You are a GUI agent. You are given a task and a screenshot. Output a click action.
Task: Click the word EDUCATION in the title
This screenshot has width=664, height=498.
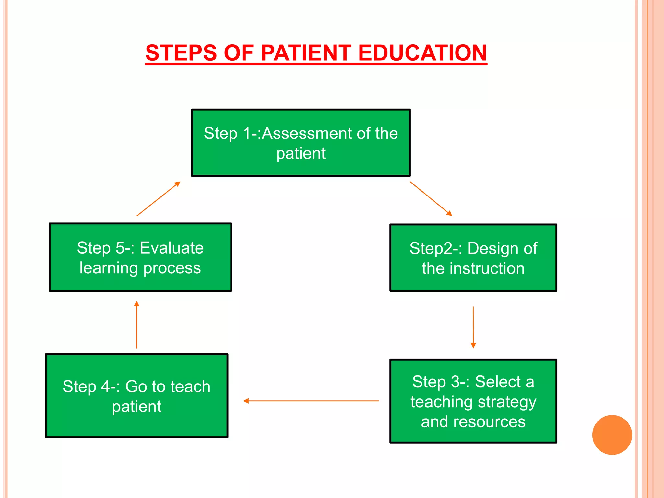[x=422, y=53]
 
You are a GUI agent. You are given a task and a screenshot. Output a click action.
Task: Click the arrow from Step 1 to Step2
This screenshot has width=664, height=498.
[x=431, y=198]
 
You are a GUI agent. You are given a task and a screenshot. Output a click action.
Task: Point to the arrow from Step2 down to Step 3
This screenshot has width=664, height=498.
[x=473, y=327]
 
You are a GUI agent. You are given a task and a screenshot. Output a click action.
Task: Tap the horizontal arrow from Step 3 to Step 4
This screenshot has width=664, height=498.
[x=311, y=401]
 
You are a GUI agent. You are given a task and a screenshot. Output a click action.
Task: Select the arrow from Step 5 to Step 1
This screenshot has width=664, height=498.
[x=158, y=199]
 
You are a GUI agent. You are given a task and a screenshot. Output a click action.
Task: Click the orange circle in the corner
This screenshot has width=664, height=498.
[x=612, y=435]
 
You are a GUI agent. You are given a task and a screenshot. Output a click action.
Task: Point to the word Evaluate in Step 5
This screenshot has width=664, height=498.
[x=172, y=248]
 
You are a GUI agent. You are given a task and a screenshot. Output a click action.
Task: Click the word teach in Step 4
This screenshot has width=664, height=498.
[x=190, y=386]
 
